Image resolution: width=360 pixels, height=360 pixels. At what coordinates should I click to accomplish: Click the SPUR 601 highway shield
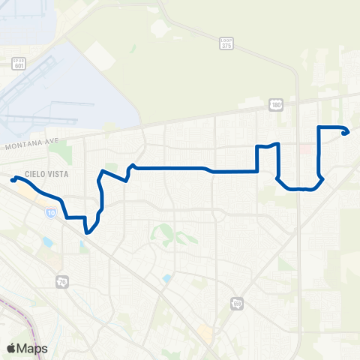click(x=19, y=64)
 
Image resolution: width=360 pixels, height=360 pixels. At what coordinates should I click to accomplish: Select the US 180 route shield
click(x=276, y=106)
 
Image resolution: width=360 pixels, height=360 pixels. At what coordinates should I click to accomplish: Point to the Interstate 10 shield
click(x=50, y=214)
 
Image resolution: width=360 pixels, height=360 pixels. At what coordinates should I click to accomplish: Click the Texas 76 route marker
click(x=61, y=282)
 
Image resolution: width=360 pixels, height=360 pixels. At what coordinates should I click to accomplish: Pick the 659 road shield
click(x=238, y=303)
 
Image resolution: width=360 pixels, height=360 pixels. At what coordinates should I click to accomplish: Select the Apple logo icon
click(x=11, y=348)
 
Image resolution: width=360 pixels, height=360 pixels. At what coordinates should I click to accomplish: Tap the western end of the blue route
click(x=13, y=179)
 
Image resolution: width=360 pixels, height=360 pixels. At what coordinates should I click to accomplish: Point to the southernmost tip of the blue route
click(x=88, y=232)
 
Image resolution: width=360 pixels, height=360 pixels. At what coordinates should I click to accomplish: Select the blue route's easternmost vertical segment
click(x=319, y=150)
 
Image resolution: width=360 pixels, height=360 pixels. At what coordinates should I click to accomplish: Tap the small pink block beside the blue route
click(x=305, y=149)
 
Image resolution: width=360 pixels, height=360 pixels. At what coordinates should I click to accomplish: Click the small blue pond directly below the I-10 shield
click(x=48, y=242)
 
